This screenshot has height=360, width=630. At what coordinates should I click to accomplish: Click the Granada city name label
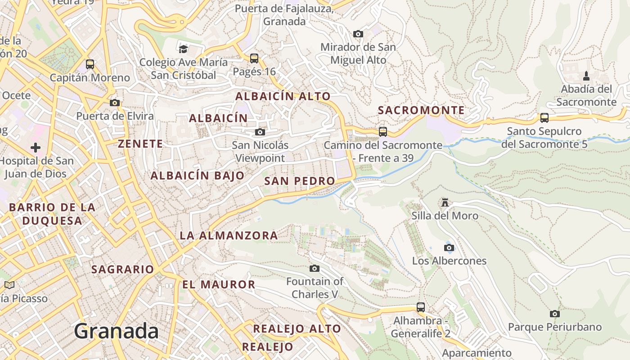[116, 331]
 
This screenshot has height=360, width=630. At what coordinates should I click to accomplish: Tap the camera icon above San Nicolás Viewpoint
[260, 132]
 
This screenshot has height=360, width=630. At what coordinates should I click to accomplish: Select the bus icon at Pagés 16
[254, 58]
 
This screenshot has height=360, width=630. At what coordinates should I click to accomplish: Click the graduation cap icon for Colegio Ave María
[183, 49]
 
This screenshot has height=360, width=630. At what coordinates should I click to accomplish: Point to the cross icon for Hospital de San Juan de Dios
[36, 147]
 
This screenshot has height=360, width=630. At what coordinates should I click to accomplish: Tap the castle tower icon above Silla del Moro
[445, 202]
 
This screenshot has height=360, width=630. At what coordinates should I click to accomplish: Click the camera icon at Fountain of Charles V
[315, 268]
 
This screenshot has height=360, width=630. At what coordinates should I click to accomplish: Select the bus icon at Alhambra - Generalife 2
[421, 307]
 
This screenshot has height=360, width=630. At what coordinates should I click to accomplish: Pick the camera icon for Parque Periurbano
[555, 314]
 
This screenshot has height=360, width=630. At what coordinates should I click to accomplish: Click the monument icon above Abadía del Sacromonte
[586, 76]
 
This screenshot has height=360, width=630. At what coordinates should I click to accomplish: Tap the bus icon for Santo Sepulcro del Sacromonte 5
[544, 118]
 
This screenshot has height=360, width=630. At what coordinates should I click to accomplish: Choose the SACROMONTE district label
[421, 110]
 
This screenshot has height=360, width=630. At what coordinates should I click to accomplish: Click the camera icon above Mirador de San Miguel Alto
[358, 34]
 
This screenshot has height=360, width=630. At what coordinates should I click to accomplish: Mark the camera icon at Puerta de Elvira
[115, 103]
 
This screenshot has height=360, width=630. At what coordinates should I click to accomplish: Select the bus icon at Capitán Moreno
[90, 64]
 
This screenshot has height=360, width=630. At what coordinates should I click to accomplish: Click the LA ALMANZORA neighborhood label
[229, 235]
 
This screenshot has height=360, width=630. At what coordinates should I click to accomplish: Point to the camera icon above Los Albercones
[449, 247]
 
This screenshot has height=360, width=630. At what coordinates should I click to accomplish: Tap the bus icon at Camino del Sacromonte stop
[383, 131]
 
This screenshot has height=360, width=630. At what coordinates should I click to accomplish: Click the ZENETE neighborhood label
[140, 144]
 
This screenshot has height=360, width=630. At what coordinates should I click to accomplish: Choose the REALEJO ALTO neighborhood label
[297, 329]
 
